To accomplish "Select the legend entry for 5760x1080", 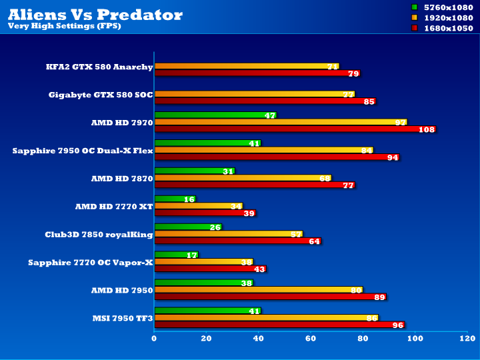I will click(x=447, y=7).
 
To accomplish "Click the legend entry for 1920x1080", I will click(x=447, y=17).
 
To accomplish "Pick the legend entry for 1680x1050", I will click(x=447, y=28).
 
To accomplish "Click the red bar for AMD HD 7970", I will click(x=293, y=129).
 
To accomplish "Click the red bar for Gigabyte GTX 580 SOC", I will click(x=264, y=101).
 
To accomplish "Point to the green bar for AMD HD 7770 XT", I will click(x=174, y=199).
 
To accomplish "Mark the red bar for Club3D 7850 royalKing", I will click(x=237, y=241).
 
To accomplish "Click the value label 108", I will click(x=427, y=129).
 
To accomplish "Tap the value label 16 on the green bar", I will click(x=189, y=199).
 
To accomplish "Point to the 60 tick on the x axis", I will click(x=311, y=339).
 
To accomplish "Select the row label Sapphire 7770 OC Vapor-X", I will click(x=91, y=263).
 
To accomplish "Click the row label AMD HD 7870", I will click(x=122, y=179).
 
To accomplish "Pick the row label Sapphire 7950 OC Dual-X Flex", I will click(x=83, y=151).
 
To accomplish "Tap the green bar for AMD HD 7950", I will click(x=203, y=283).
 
